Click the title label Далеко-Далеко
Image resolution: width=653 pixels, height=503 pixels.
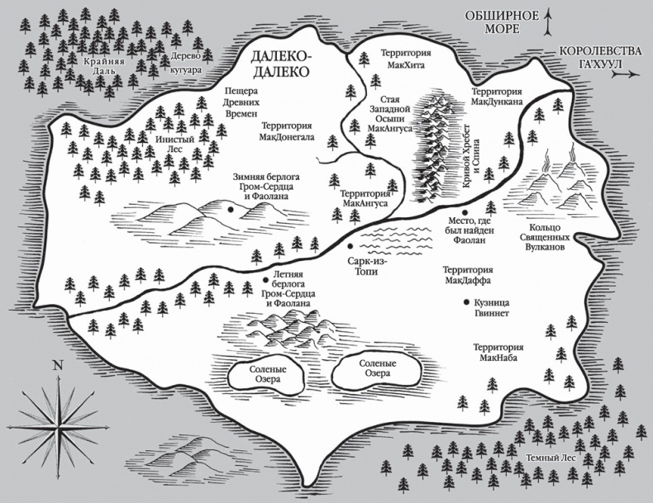tap(280, 63)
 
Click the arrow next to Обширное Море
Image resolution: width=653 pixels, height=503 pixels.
tap(546, 21)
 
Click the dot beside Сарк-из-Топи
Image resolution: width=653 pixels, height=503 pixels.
tap(350, 246)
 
